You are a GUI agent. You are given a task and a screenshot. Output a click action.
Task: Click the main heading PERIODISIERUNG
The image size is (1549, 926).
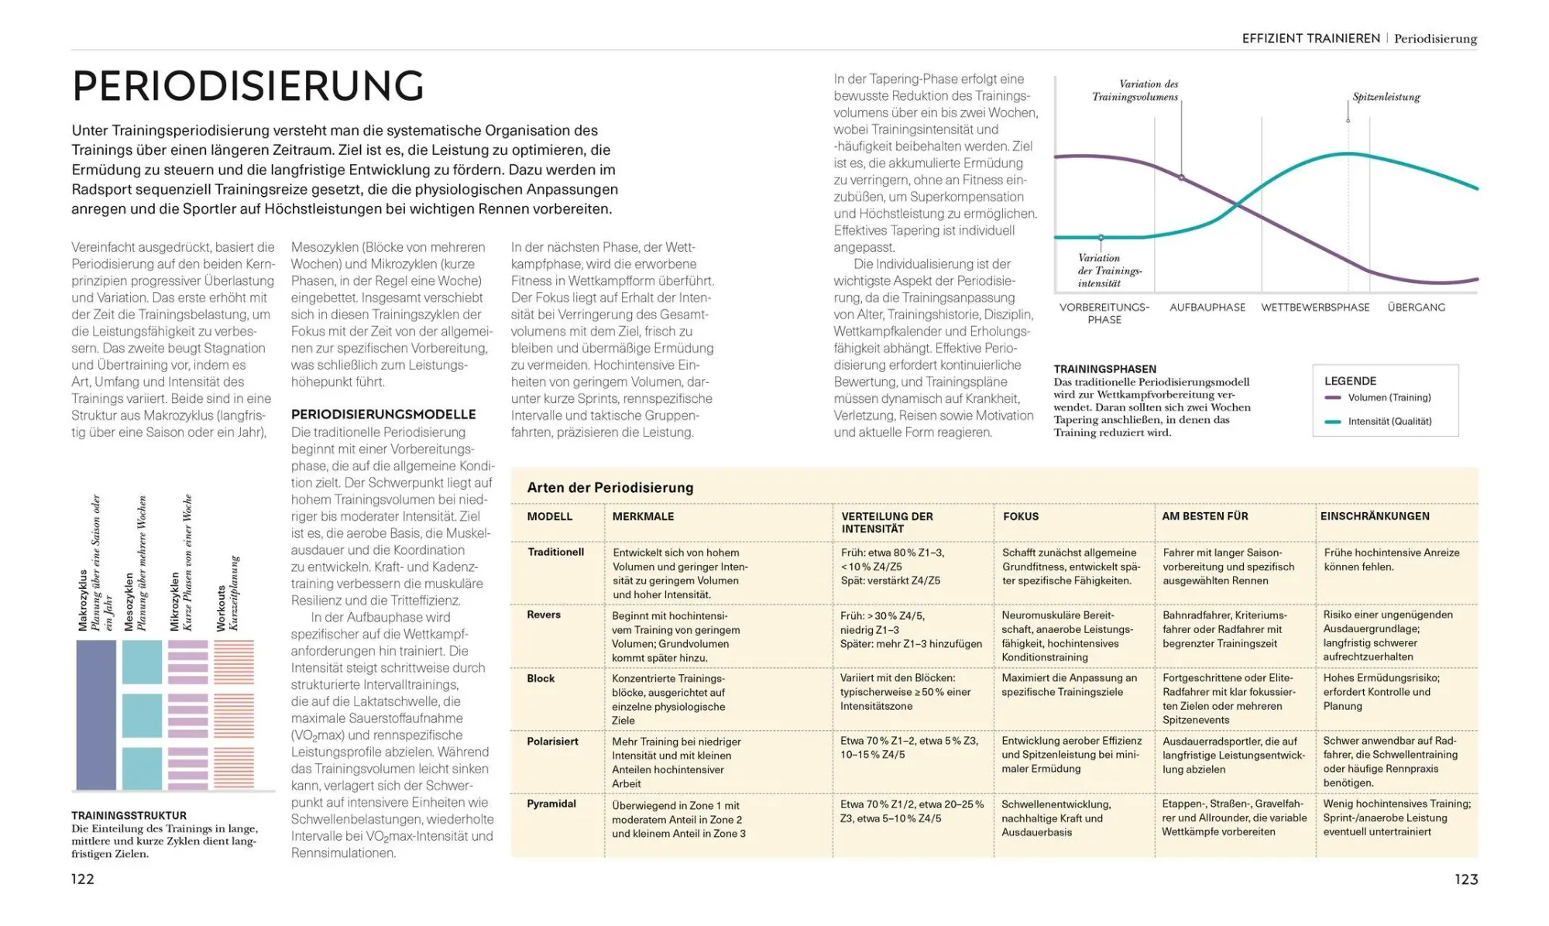pos(248,86)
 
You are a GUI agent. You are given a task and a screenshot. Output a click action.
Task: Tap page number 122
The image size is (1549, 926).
pos(83,879)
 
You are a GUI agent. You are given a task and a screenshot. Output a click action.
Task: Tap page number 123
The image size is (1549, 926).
pos(1465,879)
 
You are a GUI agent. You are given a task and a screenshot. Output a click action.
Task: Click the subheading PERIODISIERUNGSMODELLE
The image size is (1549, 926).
pos(383,415)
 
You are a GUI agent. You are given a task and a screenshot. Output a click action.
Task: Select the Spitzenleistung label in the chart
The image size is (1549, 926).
pos(1386,97)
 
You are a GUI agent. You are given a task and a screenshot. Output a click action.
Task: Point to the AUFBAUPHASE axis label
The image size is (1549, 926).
pos(1207,308)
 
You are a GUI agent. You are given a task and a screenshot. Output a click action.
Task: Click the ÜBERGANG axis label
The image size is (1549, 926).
pos(1416,308)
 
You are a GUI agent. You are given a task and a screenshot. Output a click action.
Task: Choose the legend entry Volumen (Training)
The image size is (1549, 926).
pos(1389,398)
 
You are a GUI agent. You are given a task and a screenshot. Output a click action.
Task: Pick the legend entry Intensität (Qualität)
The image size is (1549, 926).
pos(1389,422)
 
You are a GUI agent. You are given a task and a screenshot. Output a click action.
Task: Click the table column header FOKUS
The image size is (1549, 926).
pos(1020,516)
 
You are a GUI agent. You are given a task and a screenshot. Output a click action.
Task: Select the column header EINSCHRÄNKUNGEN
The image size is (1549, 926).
pos(1374,516)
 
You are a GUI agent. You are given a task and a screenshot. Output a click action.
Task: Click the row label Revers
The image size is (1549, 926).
pos(544,614)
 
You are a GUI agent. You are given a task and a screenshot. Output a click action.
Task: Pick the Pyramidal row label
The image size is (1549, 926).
pos(551,804)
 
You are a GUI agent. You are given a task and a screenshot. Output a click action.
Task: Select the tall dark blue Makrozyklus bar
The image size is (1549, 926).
pos(96,714)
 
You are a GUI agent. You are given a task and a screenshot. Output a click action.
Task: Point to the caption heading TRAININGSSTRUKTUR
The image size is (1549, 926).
pos(129,815)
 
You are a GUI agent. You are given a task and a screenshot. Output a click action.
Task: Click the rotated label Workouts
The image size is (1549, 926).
pos(222,608)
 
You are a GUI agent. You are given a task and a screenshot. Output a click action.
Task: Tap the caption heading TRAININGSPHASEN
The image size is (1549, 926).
pos(1104,370)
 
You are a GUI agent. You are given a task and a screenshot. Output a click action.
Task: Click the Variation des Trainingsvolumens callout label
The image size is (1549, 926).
pos(1137,90)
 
